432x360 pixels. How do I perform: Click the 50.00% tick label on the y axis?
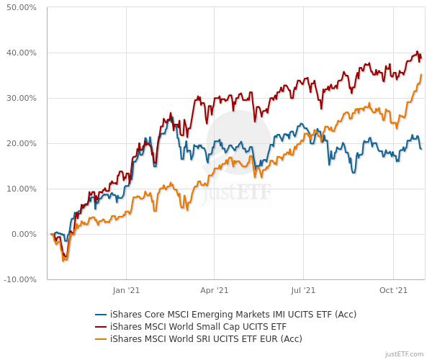click(22, 7)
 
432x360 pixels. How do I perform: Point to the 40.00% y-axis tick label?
click(22, 53)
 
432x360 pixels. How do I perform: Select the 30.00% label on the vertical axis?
click(22, 98)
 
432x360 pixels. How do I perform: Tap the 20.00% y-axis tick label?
click(22, 143)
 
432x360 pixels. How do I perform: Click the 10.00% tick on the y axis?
click(22, 189)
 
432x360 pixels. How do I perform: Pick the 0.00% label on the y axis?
click(24, 234)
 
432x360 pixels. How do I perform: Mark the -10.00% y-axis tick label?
click(20, 279)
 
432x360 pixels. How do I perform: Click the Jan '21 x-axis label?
click(126, 291)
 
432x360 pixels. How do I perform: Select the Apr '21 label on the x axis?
click(214, 291)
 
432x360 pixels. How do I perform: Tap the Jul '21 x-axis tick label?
click(303, 291)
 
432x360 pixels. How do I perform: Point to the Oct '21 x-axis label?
click(393, 291)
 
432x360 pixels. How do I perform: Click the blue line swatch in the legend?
click(101, 314)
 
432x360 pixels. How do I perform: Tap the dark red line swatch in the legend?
click(101, 326)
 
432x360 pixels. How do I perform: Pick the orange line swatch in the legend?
click(101, 338)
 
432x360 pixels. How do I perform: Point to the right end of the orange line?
click(421, 75)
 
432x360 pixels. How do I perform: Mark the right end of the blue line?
click(421, 148)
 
